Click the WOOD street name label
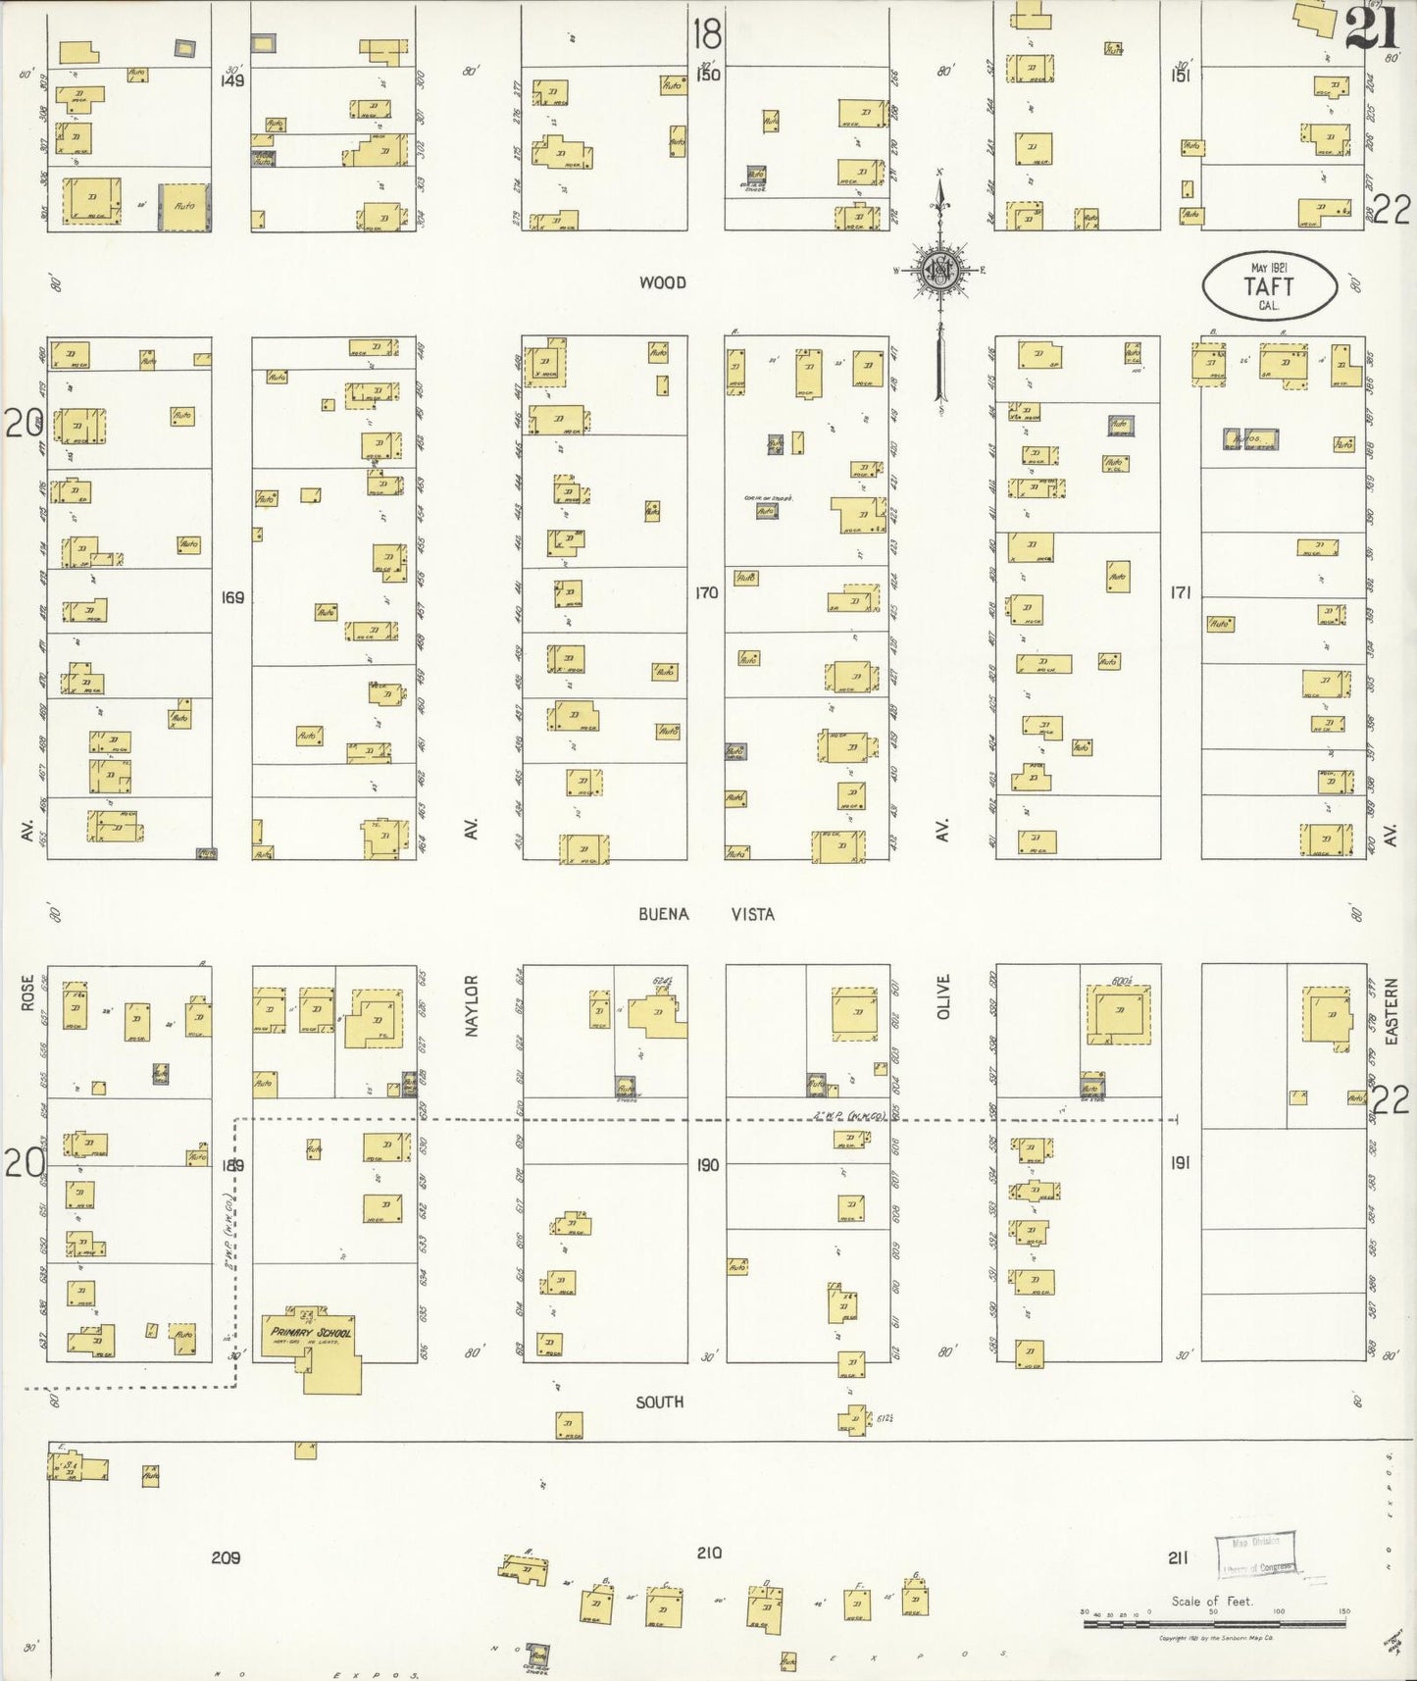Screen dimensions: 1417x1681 tap(662, 282)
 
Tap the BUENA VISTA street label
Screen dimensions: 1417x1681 tap(706, 914)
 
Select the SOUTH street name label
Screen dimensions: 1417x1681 tap(659, 1401)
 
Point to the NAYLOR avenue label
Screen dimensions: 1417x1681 tap(471, 1006)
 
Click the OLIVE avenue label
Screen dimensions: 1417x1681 tap(944, 996)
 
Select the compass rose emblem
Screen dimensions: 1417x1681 tap(939, 270)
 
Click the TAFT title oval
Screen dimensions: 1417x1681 tap(1269, 285)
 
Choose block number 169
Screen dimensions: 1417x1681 tap(232, 597)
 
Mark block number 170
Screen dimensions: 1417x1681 tap(706, 592)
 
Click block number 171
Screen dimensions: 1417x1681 tap(1180, 592)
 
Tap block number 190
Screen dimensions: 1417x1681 tap(706, 1165)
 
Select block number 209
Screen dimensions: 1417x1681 tap(226, 1557)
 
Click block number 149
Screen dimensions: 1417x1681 tap(232, 80)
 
